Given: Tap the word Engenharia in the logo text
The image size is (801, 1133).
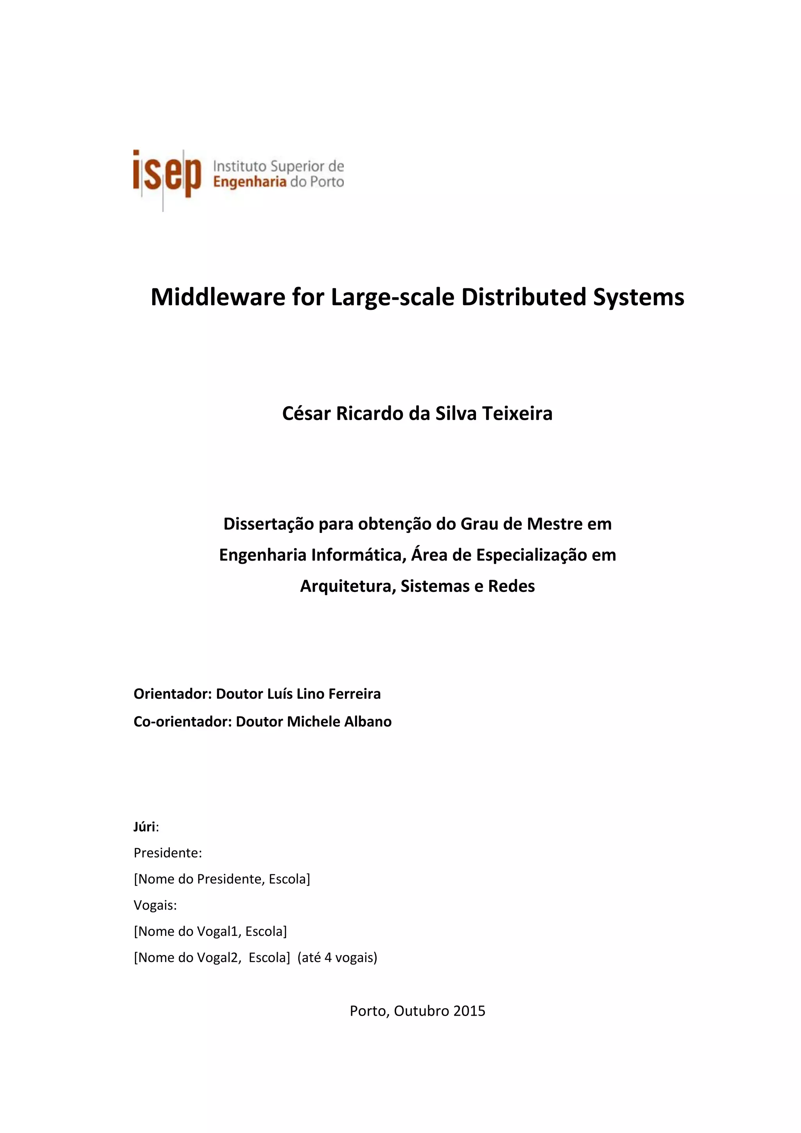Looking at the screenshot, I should [x=250, y=182].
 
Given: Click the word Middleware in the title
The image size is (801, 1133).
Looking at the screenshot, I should [x=217, y=297].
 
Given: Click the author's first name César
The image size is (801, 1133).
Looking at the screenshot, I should [x=306, y=414].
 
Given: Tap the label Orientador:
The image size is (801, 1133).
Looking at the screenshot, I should [x=172, y=694].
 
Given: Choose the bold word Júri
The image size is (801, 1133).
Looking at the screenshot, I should [x=144, y=827].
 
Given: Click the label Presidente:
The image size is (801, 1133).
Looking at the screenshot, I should [x=168, y=853].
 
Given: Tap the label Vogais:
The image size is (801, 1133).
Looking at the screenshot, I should [x=155, y=905].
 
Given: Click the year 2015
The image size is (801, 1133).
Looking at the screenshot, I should [x=469, y=1011].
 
